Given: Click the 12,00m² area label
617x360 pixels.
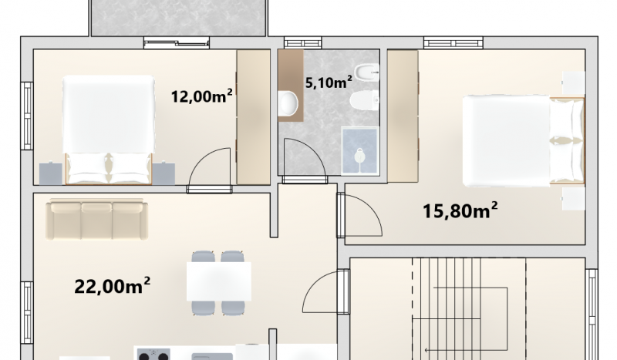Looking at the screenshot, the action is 201,96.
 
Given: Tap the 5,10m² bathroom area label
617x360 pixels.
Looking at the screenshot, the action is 329,82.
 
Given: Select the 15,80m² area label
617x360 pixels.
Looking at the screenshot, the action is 460,210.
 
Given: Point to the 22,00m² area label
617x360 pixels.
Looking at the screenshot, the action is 112,286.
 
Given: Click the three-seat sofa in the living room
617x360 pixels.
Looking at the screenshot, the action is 97,219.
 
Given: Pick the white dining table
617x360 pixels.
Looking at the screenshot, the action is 219,281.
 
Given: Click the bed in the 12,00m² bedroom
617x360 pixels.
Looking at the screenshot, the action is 109,130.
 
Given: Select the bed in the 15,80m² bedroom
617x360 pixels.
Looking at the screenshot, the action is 524,140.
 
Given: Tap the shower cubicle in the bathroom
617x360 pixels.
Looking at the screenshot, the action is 359,150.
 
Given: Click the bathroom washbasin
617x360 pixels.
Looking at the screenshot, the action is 288,103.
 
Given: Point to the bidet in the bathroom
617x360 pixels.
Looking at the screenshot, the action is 366,72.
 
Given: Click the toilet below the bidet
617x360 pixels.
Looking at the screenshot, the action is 364,100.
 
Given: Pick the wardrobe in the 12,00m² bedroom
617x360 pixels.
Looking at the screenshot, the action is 254,117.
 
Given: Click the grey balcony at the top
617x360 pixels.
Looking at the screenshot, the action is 179,18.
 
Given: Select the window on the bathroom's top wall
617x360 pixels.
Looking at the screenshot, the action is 302,42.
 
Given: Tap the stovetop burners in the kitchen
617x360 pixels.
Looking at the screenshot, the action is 153,354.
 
